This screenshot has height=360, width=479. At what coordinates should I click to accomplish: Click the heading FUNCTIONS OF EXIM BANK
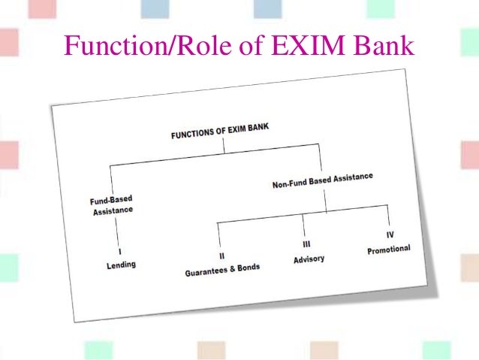tap(219, 132)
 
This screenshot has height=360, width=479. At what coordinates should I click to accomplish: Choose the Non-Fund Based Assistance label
tap(322, 180)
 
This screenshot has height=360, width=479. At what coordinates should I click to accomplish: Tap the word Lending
tap(121, 265)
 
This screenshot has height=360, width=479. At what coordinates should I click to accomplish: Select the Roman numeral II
tap(222, 256)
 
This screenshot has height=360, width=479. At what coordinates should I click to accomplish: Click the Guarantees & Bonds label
tap(222, 270)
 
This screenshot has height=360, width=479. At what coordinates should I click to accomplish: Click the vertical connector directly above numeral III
tap(303, 225)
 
